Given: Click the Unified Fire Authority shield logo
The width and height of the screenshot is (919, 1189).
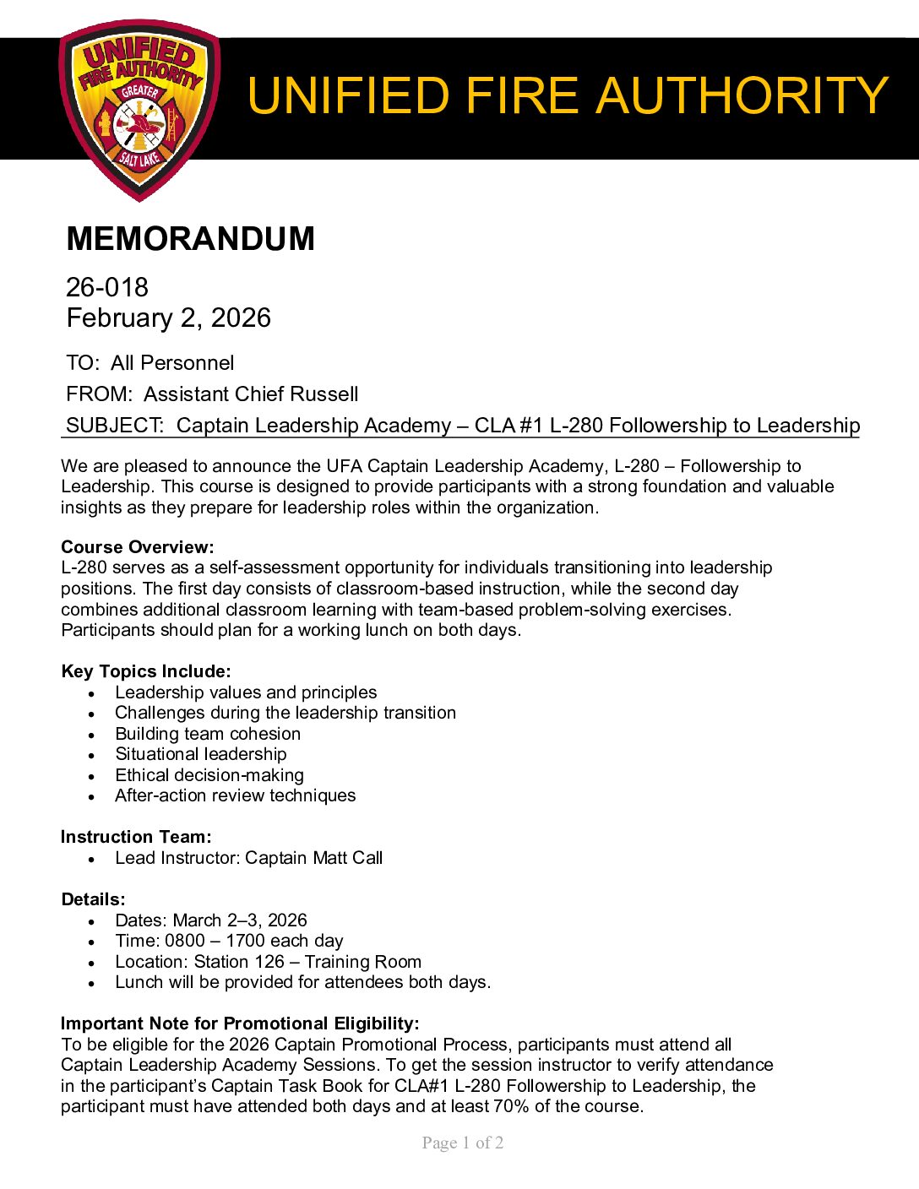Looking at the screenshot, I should coord(139,110).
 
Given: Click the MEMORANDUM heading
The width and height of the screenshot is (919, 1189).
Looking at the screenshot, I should coord(190,239).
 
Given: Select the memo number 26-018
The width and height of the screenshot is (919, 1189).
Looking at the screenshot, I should coord(107,288).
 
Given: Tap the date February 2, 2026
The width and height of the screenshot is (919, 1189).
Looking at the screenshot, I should coord(168,318).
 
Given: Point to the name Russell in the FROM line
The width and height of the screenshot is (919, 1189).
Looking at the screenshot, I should coord(324,394).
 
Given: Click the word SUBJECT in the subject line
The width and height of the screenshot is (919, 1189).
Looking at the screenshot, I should coord(113,426).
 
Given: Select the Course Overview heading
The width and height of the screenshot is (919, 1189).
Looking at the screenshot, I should coord(137,547).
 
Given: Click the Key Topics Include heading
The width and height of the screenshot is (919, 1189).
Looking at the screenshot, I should coord(145,671).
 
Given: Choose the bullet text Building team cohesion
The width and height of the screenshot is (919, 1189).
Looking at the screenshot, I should coord(208,734).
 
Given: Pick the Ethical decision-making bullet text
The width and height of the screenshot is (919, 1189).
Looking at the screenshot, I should coord(209,775).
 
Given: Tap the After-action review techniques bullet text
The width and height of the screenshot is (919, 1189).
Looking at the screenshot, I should coord(236,795).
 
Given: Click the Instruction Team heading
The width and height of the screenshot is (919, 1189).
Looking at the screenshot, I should coord(136,837).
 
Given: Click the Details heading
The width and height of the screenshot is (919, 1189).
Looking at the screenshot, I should coord(93,899).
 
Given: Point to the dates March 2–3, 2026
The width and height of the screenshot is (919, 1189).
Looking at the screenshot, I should coord(240,920).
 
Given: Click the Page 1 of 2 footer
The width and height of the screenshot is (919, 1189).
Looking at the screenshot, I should coord(463,1143).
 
